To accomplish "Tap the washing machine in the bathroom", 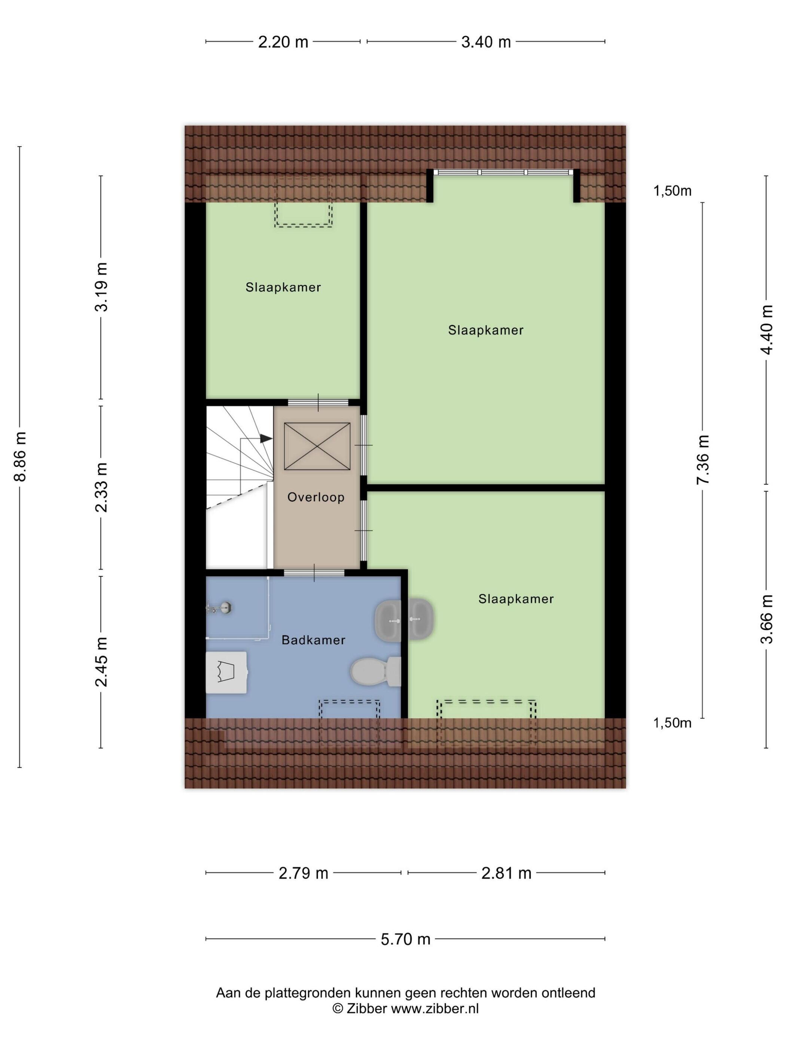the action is click(226, 672).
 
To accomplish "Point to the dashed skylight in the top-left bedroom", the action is click(304, 203).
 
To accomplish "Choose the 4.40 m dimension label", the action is click(766, 330).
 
